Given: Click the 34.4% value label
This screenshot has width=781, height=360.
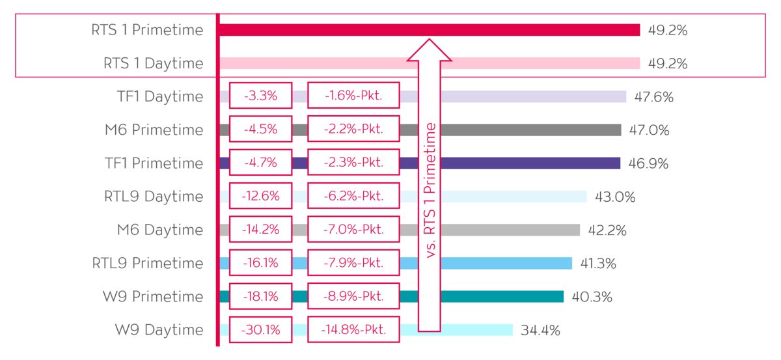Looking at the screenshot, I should [x=540, y=330].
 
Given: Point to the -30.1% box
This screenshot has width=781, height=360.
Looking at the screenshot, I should [x=260, y=330].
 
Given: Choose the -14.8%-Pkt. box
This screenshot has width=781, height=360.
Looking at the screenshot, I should [x=353, y=330].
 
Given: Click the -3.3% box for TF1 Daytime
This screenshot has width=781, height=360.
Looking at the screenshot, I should [x=260, y=96].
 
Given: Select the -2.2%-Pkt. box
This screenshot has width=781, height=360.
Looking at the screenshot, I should [x=353, y=130].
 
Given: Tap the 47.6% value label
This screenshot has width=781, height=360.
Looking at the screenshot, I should [x=653, y=97].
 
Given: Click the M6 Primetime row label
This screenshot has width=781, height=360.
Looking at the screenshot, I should [x=154, y=130].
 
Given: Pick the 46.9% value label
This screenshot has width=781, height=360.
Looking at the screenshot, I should [x=648, y=163].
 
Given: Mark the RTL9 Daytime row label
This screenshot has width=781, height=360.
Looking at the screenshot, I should [x=153, y=197].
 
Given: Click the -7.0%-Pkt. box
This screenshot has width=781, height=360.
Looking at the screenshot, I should [x=353, y=230].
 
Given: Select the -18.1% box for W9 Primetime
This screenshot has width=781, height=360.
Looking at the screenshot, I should [x=260, y=297].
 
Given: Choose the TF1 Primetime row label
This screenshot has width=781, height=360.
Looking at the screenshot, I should [x=154, y=163].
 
